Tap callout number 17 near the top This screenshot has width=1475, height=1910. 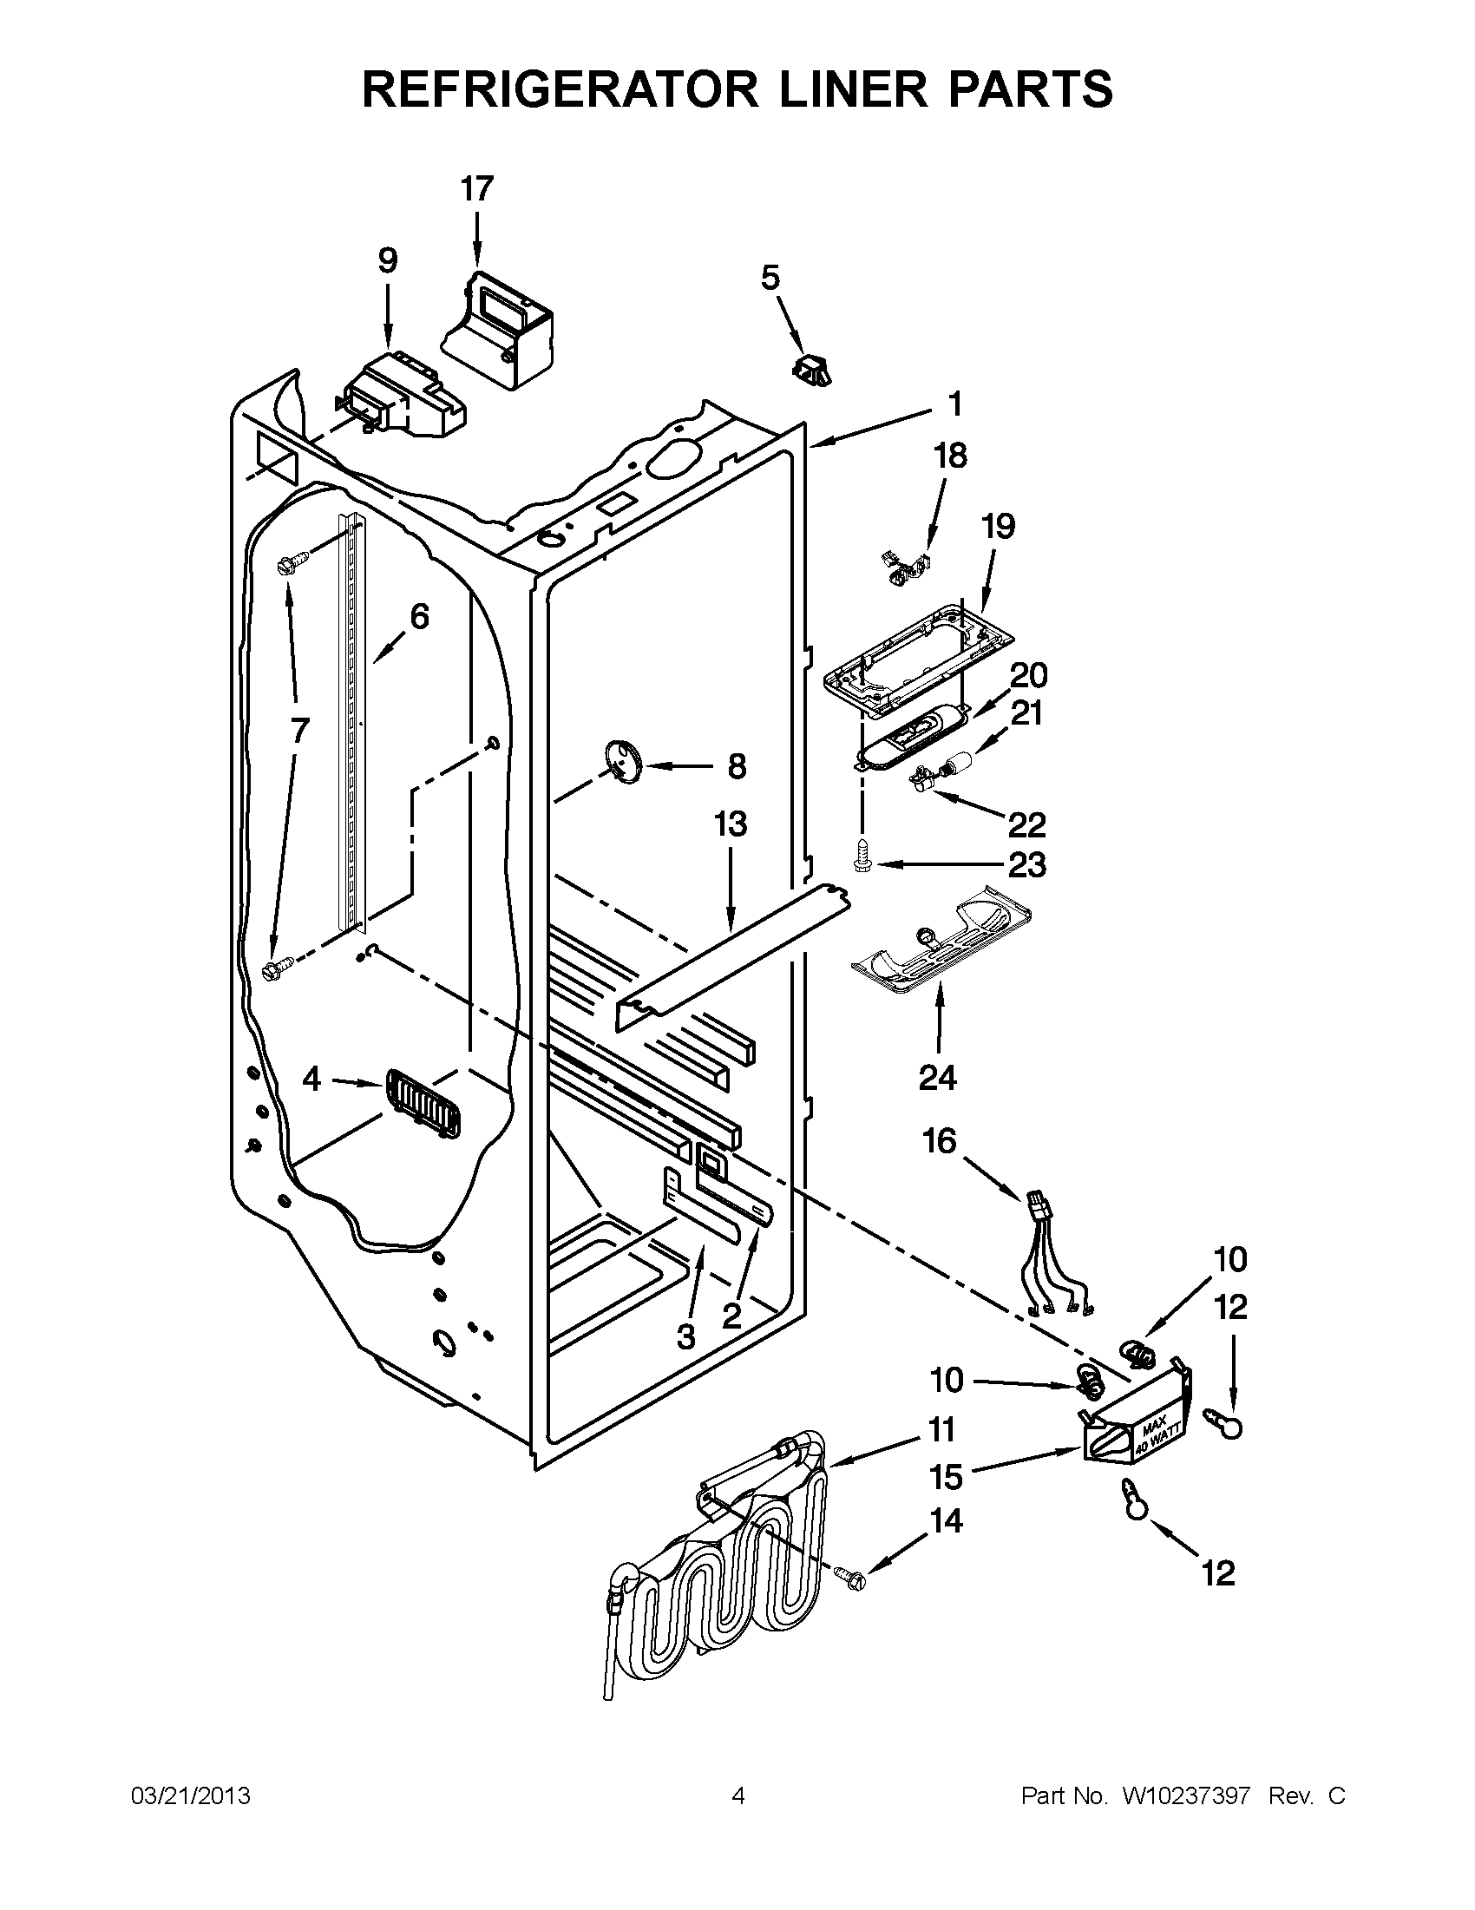477,189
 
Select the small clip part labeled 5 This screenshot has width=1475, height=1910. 812,368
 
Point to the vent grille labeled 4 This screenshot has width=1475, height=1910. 423,1105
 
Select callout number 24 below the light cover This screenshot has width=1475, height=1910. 937,1078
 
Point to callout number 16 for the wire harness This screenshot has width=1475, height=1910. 940,1141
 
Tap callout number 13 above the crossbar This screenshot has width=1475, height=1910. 730,824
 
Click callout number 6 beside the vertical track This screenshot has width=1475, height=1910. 420,616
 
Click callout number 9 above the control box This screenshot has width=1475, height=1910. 387,260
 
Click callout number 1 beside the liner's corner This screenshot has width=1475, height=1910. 954,404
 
